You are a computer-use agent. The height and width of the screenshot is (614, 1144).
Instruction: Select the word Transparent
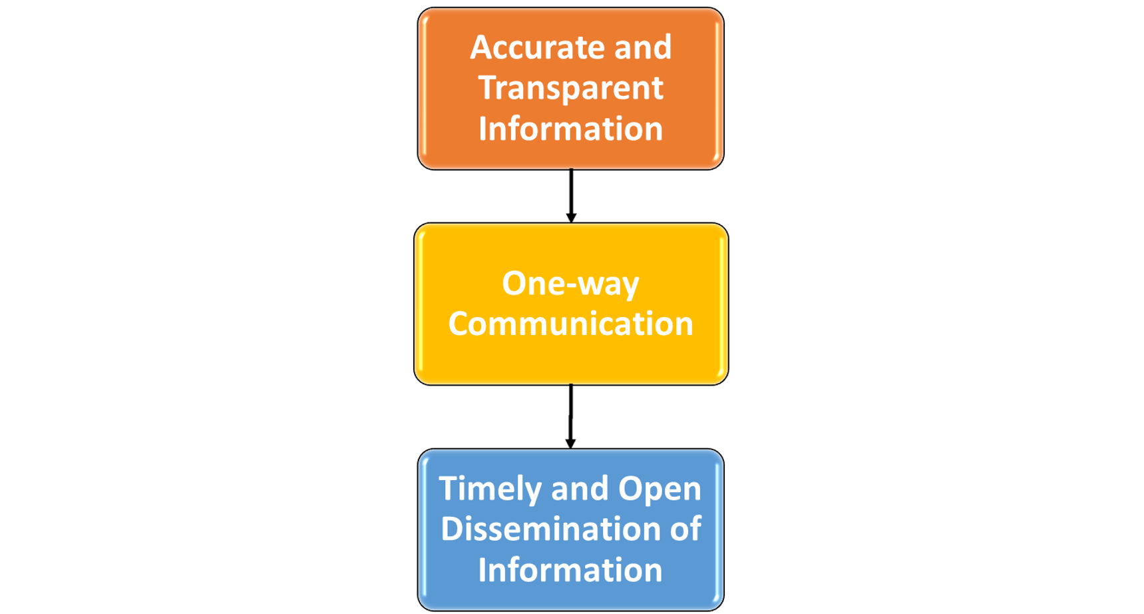pos(570,89)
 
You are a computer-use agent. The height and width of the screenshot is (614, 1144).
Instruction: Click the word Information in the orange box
pos(570,129)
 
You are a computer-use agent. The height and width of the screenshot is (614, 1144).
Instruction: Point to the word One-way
pos(570,284)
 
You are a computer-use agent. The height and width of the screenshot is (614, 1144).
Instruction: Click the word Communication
pos(570,324)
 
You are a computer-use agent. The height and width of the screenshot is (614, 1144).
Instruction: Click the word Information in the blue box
pos(570,571)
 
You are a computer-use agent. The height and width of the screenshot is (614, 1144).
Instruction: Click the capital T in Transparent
pos(489,88)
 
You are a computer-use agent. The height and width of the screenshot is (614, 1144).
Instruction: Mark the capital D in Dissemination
pos(453,529)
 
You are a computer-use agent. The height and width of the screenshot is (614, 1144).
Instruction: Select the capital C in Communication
pos(461,324)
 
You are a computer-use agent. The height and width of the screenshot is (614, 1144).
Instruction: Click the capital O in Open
pos(630,489)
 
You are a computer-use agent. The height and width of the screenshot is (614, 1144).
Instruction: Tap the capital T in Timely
pos(450,489)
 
